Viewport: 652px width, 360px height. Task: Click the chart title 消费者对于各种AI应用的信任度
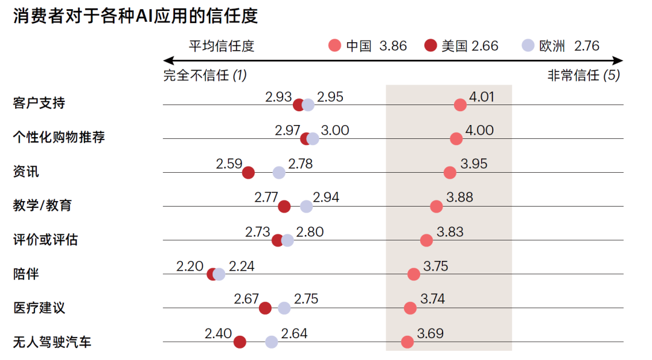coord(135,16)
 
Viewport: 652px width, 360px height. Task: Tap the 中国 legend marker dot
coord(335,46)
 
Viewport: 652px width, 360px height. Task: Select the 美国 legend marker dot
coord(430,46)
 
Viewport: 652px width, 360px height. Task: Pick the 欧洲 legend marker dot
coord(528,46)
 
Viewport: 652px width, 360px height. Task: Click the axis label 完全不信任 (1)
coord(205,76)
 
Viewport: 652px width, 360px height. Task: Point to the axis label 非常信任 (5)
coord(583,76)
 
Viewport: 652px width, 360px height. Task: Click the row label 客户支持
coord(39,103)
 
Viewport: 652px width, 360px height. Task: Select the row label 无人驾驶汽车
coord(52,342)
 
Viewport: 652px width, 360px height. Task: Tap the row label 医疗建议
coord(39,308)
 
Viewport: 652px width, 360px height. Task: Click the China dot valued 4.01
coord(460,105)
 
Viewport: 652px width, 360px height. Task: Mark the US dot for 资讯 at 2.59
coord(248,173)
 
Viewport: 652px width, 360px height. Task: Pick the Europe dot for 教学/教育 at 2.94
coord(307,207)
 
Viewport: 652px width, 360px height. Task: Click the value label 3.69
coord(430,333)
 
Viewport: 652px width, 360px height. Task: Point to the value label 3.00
coord(335,130)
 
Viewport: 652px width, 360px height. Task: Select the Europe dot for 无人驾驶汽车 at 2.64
coord(272,342)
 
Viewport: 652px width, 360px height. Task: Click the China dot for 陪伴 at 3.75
coord(414,274)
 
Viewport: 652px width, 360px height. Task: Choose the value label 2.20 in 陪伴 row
coord(190,266)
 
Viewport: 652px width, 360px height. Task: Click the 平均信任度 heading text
coord(222,46)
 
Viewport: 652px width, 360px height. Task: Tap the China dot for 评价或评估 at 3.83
coord(426,240)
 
